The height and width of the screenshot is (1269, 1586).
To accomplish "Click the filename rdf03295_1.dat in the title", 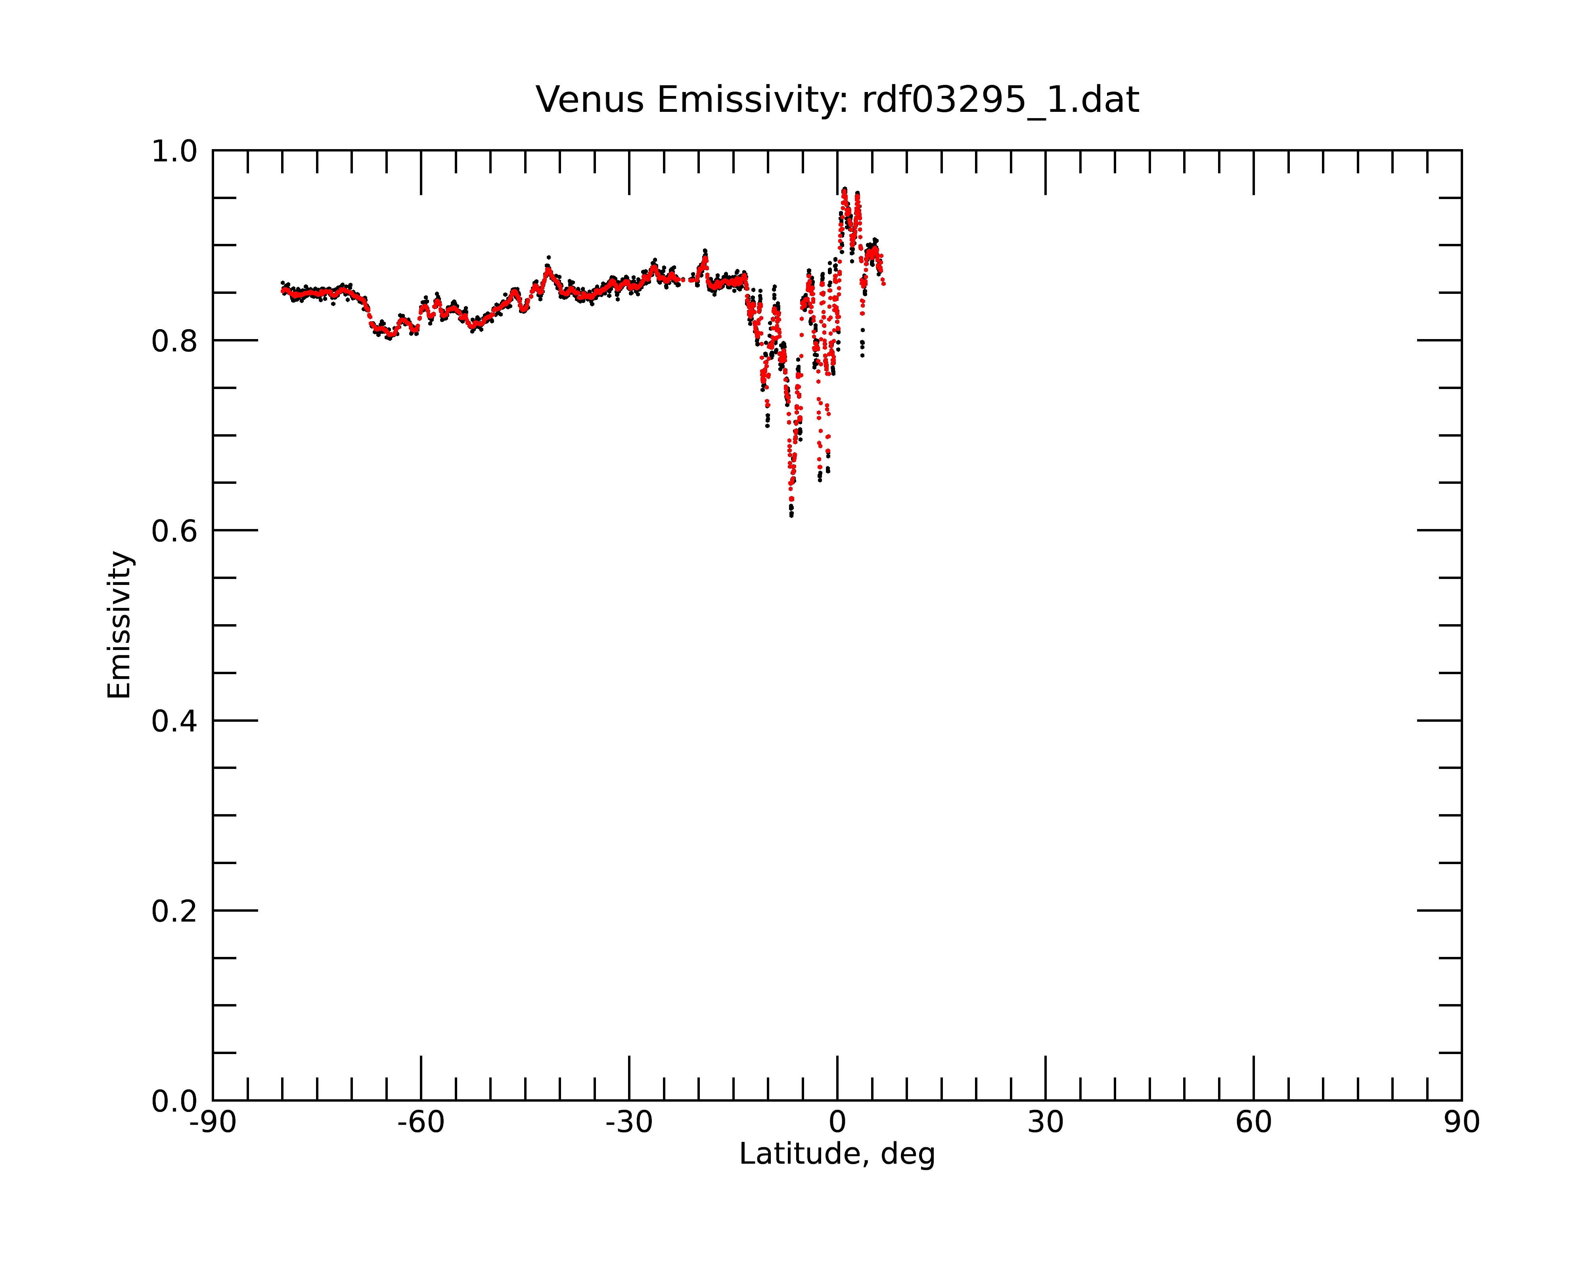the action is pyautogui.click(x=1000, y=100).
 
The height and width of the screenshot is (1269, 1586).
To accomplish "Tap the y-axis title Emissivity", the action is pyautogui.click(x=119, y=625).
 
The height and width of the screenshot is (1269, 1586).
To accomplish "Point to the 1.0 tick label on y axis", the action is pyautogui.click(x=174, y=151).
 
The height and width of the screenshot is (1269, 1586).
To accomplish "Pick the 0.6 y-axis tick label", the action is pyautogui.click(x=174, y=531).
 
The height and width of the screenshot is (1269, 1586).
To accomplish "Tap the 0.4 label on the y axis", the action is pyautogui.click(x=174, y=721).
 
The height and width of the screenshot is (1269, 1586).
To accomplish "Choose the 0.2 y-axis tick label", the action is pyautogui.click(x=174, y=911).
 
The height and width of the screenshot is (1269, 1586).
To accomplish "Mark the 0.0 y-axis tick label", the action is pyautogui.click(x=174, y=1101).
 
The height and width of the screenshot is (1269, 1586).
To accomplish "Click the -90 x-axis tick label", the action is pyautogui.click(x=213, y=1123).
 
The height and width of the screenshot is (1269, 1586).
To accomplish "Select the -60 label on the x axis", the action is pyautogui.click(x=421, y=1123).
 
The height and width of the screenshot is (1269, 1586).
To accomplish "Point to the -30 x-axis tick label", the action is pyautogui.click(x=629, y=1123).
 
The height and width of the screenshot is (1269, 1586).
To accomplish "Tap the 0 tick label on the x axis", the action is pyautogui.click(x=837, y=1123).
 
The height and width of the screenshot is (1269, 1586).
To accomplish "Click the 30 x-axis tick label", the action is pyautogui.click(x=1045, y=1123).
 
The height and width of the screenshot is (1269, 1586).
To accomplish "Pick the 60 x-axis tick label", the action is pyautogui.click(x=1253, y=1123).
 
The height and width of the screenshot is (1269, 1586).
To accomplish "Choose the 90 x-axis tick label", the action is pyautogui.click(x=1461, y=1123).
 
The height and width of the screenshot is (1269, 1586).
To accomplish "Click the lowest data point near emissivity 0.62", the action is pyautogui.click(x=791, y=515).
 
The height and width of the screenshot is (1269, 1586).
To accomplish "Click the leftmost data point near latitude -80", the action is pyautogui.click(x=282, y=283).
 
